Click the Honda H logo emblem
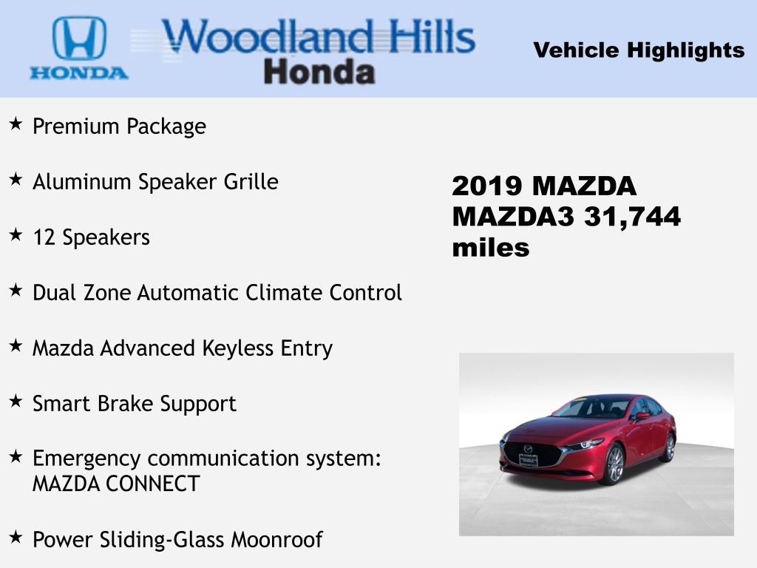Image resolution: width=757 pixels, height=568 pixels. pos(79,38)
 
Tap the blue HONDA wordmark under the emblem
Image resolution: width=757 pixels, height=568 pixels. pos(79,73)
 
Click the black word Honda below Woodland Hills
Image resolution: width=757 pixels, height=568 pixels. pos(319,72)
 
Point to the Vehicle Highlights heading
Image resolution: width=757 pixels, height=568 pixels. pos(639,50)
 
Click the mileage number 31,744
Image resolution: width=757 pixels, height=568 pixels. pos(633,217)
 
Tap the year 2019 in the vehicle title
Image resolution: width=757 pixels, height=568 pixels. pos(487,186)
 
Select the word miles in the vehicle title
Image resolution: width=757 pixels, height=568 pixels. pos(491,248)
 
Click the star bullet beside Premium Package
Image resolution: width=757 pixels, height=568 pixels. pos(16,124)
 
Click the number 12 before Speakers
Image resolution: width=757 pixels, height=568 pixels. pos(44,237)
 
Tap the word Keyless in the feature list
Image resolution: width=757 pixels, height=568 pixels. pos(237,349)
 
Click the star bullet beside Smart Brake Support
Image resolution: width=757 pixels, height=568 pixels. pos(16,401)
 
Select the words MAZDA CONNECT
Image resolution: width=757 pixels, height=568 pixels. pos(116,484)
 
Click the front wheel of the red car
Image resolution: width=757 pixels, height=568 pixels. pos(614,464)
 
